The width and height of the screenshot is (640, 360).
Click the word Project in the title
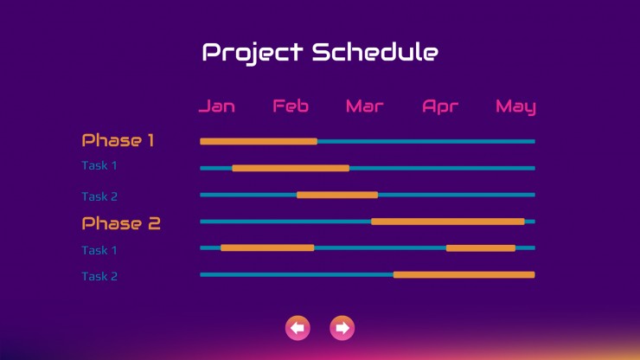click(253, 53)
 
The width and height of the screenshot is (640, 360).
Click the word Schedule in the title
click(375, 51)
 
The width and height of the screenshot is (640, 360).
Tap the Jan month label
click(217, 106)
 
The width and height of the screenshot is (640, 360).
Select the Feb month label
click(291, 106)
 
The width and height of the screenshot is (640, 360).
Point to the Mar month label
click(364, 106)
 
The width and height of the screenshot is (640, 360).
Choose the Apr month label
click(440, 107)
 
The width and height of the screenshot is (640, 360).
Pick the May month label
click(515, 107)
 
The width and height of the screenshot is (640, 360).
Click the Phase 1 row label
click(118, 140)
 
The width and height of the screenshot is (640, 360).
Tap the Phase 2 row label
click(121, 223)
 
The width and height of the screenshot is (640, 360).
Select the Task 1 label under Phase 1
click(99, 165)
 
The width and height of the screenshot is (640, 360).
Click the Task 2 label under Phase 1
click(99, 196)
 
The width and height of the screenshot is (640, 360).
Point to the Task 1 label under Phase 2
click(99, 250)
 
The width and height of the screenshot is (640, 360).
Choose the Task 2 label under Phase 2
click(99, 276)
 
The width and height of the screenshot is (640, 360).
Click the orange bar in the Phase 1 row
click(259, 141)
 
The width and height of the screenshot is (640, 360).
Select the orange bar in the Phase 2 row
click(448, 222)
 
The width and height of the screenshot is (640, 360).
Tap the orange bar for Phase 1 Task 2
click(337, 195)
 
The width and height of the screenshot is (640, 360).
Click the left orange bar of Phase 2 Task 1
click(267, 247)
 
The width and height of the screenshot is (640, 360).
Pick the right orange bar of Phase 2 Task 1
click(481, 248)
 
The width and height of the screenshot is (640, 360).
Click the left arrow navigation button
click(298, 328)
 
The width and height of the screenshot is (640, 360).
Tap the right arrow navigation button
click(342, 328)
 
